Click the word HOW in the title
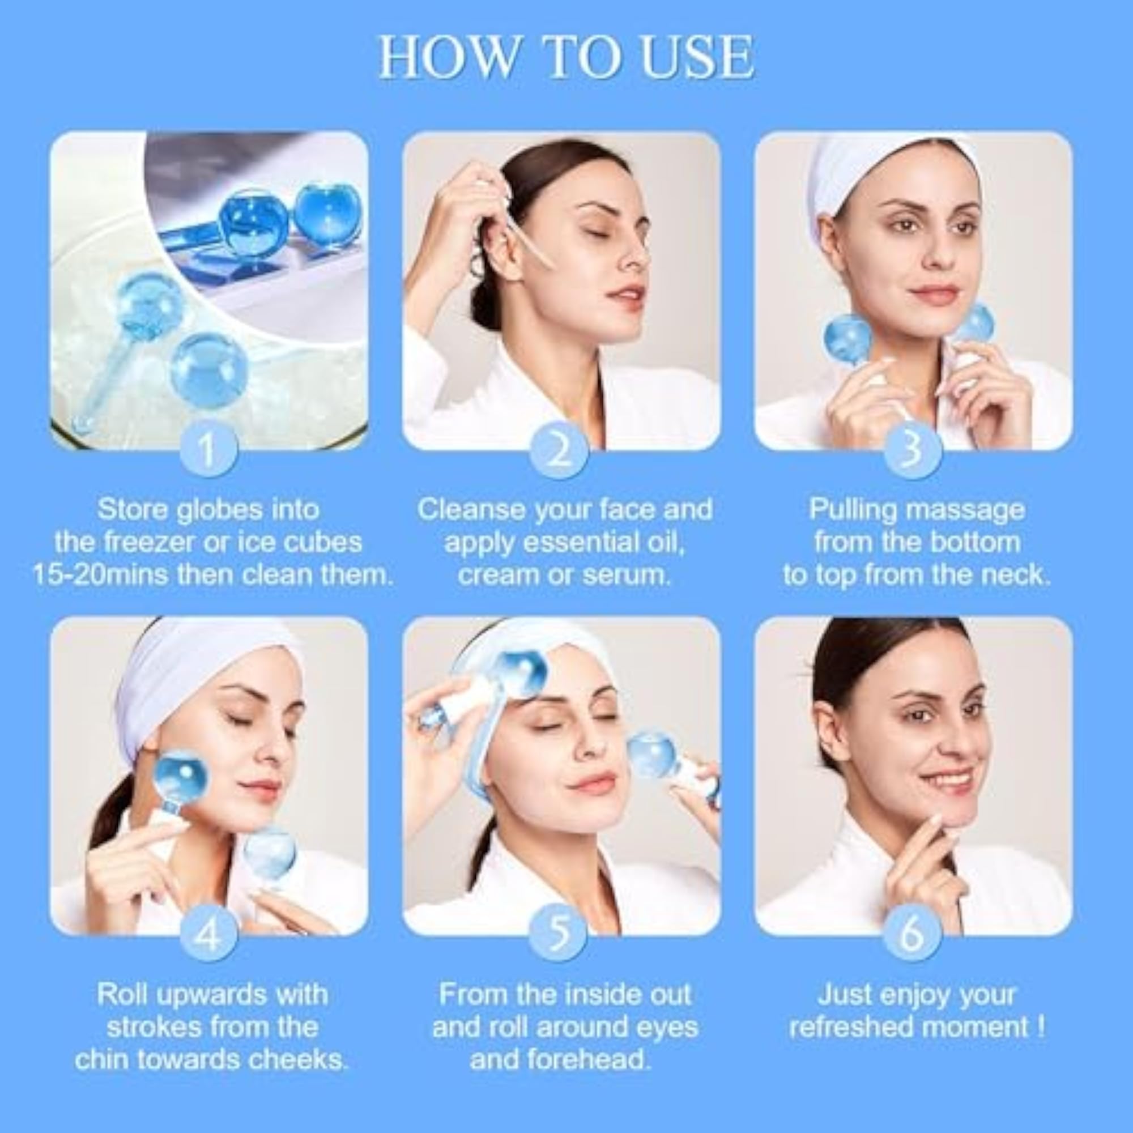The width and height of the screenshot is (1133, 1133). (446, 57)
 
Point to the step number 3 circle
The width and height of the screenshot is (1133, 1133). (912, 450)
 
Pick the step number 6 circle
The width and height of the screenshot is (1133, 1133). (912, 934)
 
